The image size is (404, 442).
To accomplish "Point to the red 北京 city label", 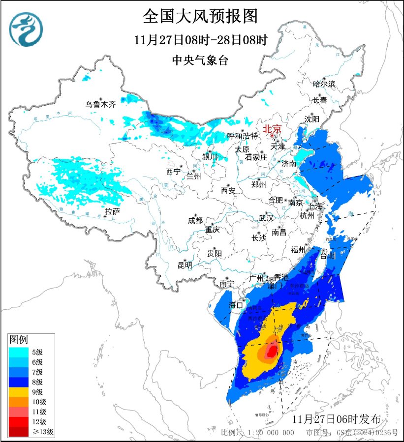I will tap(272, 129).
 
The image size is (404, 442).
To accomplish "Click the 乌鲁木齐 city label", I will tap(100, 104).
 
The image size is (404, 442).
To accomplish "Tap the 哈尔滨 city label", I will tap(324, 84).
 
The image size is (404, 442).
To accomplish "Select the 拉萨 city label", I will tap(112, 212).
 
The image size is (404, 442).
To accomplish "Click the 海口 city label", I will tap(237, 305).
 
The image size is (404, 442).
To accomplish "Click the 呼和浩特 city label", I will tap(242, 136).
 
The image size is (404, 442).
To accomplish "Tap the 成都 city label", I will tap(195, 221).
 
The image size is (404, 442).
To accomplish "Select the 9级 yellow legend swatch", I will tap(20, 392).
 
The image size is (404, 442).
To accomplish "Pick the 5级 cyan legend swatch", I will tap(20, 352).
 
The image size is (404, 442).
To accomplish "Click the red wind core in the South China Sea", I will tap(271, 351).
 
